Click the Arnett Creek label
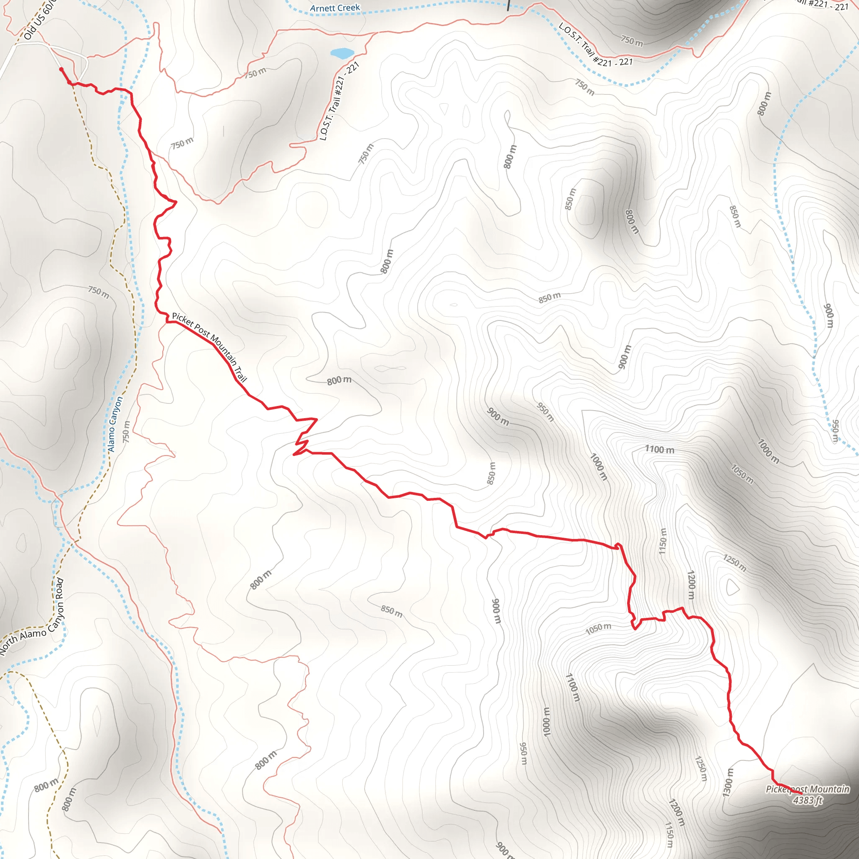point(335,8)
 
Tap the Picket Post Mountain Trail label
point(209,347)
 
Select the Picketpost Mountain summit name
point(807,789)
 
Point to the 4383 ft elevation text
point(808,800)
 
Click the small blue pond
point(342,53)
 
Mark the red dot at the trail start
point(61,69)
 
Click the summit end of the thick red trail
point(801,793)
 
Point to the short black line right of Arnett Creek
point(508,5)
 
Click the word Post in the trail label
point(203,331)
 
